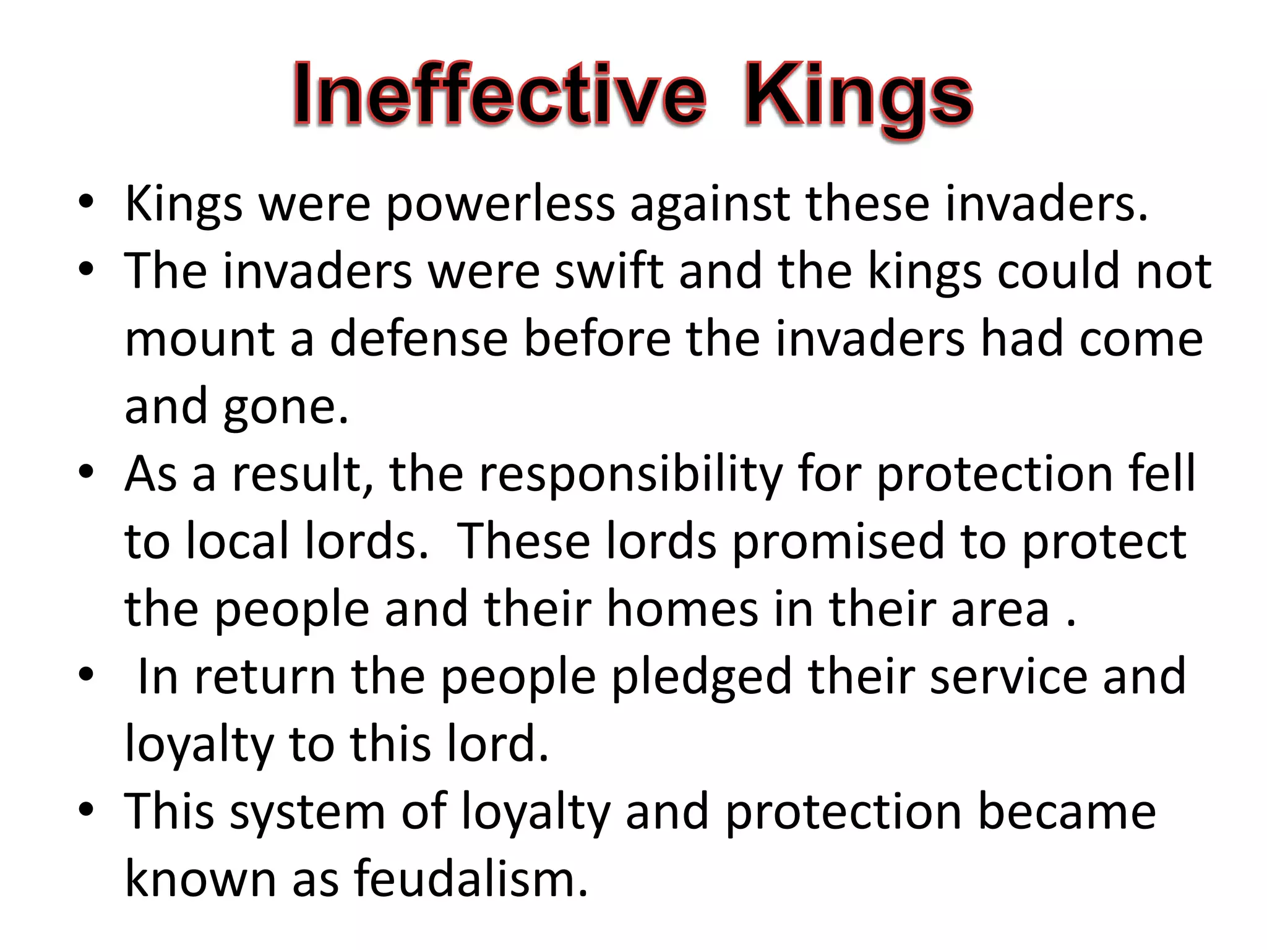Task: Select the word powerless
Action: tap(500, 204)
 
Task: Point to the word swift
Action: tap(609, 272)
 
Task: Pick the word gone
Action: tap(286, 407)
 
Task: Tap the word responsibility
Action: tap(630, 474)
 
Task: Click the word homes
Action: tap(682, 609)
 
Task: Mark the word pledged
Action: tap(702, 677)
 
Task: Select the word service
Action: tap(1008, 677)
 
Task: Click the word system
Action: tap(307, 812)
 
